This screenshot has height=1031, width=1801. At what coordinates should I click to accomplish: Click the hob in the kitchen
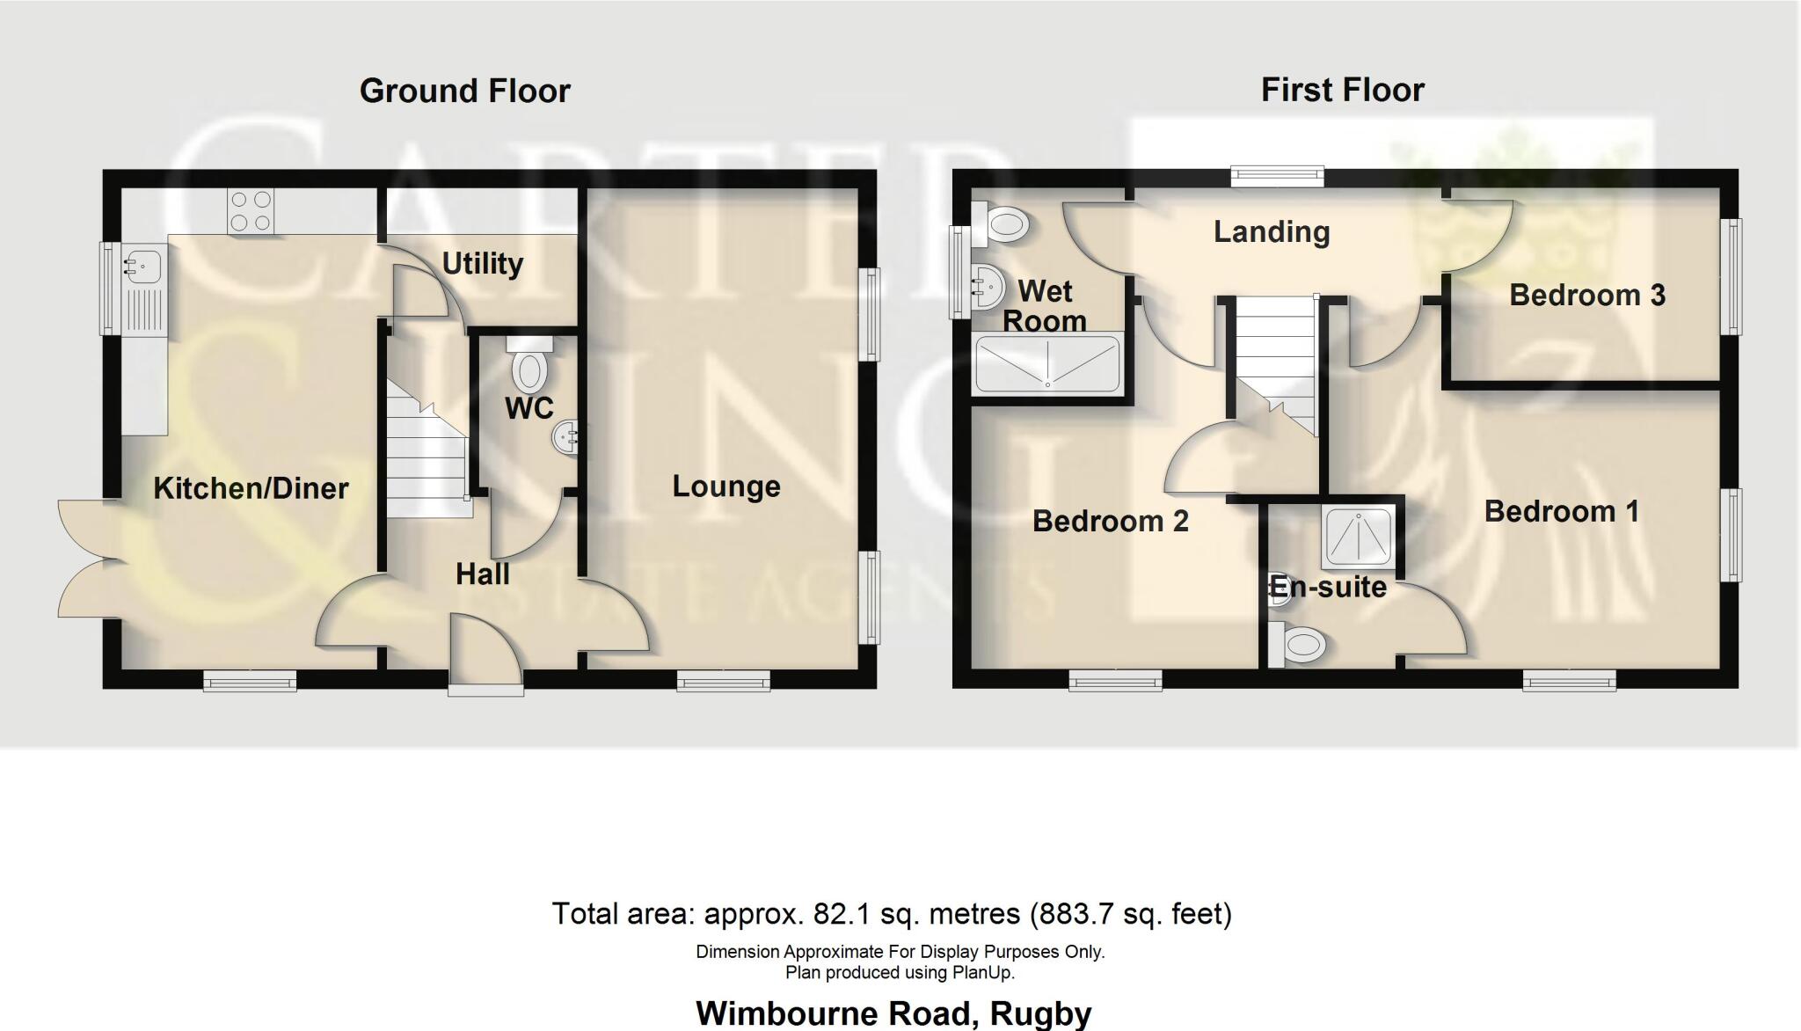tap(251, 211)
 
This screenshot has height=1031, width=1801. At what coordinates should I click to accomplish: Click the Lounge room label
tap(726, 486)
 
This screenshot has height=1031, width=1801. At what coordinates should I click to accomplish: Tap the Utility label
tap(482, 263)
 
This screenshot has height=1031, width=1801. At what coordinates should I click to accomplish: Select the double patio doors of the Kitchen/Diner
tap(86, 558)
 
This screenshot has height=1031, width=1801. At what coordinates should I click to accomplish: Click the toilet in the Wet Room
tap(1003, 223)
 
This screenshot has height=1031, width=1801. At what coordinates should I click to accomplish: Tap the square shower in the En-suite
tap(1360, 536)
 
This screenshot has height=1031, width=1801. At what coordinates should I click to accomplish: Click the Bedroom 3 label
tap(1587, 295)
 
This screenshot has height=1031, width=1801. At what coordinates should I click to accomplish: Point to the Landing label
tap(1272, 232)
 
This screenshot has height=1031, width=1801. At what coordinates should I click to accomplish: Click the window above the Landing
tap(1278, 177)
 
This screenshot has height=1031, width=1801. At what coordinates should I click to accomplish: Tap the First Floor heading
tap(1342, 90)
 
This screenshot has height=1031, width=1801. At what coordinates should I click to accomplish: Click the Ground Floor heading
tap(464, 91)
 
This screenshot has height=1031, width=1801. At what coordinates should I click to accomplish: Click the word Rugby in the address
tap(1040, 1013)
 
